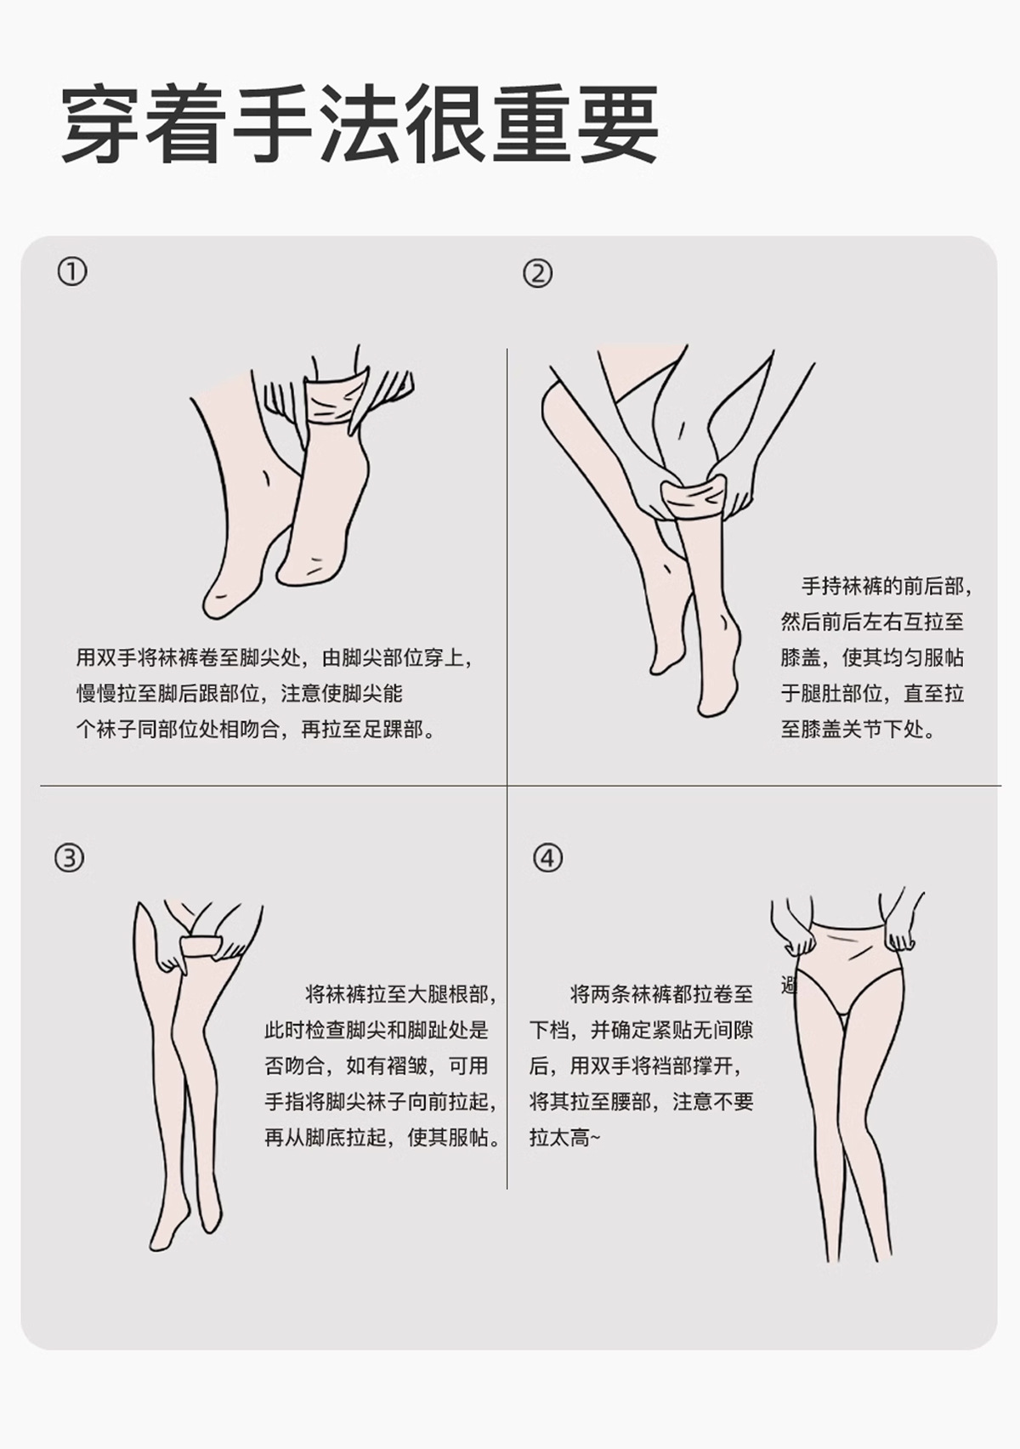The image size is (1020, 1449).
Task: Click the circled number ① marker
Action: point(71,272)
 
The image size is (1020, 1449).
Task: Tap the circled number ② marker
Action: point(537,274)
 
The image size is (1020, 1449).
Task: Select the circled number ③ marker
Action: point(69,858)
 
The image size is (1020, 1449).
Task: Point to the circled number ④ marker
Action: point(548,858)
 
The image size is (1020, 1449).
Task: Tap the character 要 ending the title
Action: point(619,123)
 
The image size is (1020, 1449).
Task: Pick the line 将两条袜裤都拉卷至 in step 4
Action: point(661,994)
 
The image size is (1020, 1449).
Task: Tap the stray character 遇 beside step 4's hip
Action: point(789,986)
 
